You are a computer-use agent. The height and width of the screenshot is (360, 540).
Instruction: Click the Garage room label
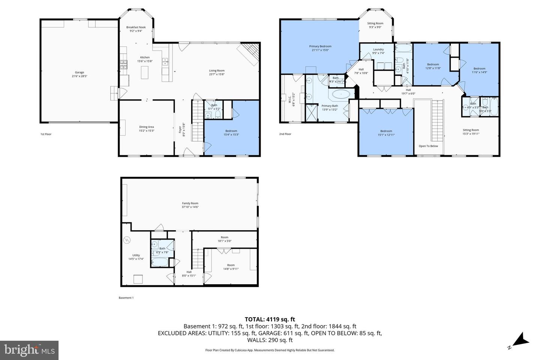pos(79,72)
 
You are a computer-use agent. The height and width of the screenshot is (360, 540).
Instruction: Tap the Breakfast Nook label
pos(136,27)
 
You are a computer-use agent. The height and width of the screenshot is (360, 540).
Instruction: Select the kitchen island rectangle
pos(145,72)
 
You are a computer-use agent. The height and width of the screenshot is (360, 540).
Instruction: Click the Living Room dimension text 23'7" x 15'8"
pos(217,74)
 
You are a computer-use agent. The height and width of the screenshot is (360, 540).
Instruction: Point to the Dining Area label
pos(146,127)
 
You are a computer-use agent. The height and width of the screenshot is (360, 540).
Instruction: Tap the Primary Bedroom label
pos(320,46)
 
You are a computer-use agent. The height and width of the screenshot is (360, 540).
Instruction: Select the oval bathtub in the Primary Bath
pos(341,94)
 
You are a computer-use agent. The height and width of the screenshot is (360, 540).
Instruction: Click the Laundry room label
pos(378,49)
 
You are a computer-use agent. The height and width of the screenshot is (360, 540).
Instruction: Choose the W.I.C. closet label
pos(289,100)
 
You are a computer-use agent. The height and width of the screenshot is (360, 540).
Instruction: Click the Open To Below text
pos(428,146)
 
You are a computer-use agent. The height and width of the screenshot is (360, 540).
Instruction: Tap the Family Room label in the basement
pos(190,203)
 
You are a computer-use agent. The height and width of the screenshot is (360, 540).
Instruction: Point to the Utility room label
pos(136,255)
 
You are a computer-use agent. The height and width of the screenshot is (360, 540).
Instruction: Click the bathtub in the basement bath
pos(160,262)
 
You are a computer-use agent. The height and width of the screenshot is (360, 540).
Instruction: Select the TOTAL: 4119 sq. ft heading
pos(270,319)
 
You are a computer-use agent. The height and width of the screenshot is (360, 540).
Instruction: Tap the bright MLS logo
pos(29,350)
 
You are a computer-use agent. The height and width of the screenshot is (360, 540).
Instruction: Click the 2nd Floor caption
pos(285,134)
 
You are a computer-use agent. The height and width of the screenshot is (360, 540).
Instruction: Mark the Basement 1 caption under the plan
pos(126,298)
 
